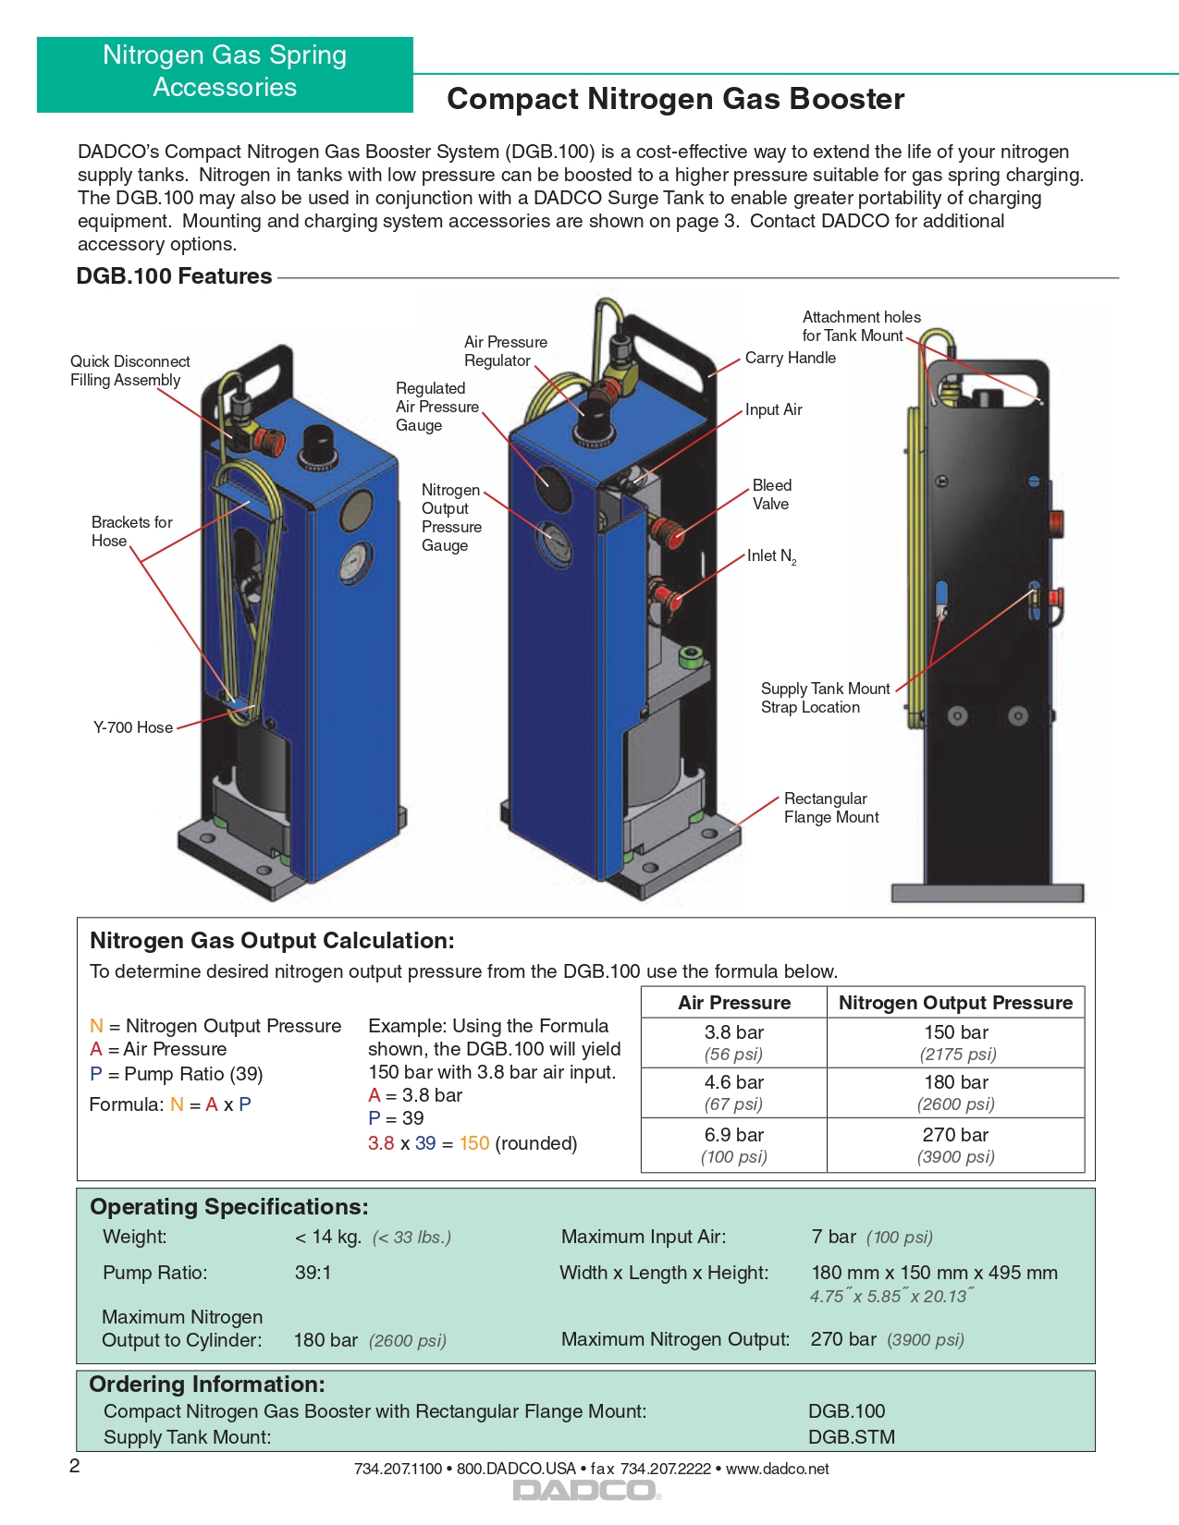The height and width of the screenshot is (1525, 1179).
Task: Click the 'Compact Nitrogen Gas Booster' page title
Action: (675, 99)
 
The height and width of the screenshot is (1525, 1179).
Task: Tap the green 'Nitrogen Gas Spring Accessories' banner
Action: (225, 71)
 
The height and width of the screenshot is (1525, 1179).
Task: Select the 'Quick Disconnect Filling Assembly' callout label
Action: (129, 371)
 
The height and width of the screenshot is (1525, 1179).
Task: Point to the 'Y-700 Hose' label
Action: (133, 727)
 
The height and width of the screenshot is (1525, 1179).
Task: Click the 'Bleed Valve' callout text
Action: (771, 494)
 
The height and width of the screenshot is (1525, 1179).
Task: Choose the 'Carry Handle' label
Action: (790, 358)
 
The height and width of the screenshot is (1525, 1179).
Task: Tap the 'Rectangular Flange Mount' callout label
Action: (830, 808)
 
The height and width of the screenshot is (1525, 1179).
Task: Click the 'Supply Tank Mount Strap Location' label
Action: (825, 698)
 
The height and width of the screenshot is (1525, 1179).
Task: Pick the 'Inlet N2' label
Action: (771, 555)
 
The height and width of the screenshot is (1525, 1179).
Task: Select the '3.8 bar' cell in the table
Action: (734, 1032)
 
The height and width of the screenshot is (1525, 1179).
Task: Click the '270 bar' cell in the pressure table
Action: (955, 1135)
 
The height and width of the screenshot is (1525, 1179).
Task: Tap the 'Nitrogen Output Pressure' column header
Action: (955, 1003)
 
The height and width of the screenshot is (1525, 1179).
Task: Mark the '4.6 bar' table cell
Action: (734, 1082)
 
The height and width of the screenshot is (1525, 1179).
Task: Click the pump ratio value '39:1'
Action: (313, 1273)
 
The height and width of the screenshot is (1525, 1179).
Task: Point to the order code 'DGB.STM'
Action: (851, 1437)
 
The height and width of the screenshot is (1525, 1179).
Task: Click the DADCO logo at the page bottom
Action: (586, 1490)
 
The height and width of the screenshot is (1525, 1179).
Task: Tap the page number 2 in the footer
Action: (75, 1466)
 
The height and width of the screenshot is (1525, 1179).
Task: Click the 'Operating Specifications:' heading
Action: (228, 1207)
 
